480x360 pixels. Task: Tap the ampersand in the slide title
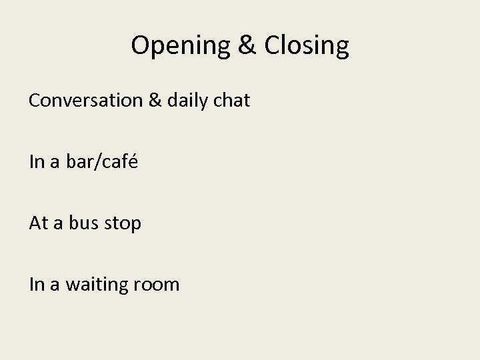[x=243, y=46]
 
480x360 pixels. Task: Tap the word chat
[x=233, y=101]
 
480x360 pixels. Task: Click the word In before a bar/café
[x=36, y=162]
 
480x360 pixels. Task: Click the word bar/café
[x=102, y=162]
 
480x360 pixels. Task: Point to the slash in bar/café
[x=97, y=162]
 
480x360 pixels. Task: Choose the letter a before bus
[x=57, y=225]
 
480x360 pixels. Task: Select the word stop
[x=124, y=224]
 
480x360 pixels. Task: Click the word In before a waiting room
[x=36, y=285]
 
